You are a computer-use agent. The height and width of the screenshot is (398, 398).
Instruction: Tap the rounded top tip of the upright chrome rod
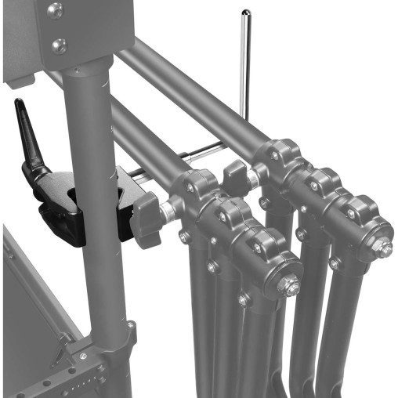point(245,13)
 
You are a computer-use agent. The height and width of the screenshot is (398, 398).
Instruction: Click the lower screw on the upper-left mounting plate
point(59,45)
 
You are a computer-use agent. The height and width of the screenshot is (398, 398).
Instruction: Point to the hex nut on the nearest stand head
point(291,287)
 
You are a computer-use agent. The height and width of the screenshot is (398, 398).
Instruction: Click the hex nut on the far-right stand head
point(382,248)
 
